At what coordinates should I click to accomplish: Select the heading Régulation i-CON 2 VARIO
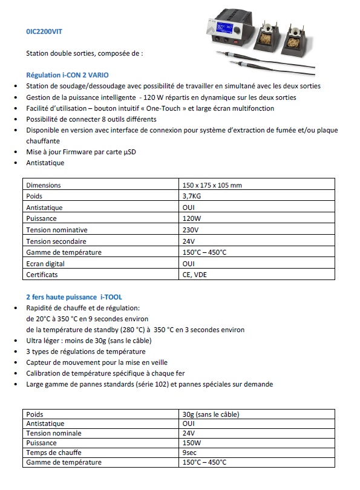click(62, 75)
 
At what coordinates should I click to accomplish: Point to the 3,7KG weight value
click(192, 197)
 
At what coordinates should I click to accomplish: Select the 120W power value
click(192, 219)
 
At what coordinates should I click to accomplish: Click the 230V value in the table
click(191, 230)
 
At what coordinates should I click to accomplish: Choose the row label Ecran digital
click(45, 264)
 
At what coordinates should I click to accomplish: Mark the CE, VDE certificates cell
click(195, 275)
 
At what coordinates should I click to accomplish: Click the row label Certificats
click(42, 275)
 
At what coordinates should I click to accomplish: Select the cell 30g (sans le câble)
click(211, 414)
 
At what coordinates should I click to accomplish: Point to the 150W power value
click(192, 443)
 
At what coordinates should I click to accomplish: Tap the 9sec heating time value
click(190, 453)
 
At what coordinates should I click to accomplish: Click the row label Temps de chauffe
click(54, 453)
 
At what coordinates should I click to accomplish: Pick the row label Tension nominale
click(53, 434)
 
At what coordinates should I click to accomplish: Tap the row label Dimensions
click(44, 186)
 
